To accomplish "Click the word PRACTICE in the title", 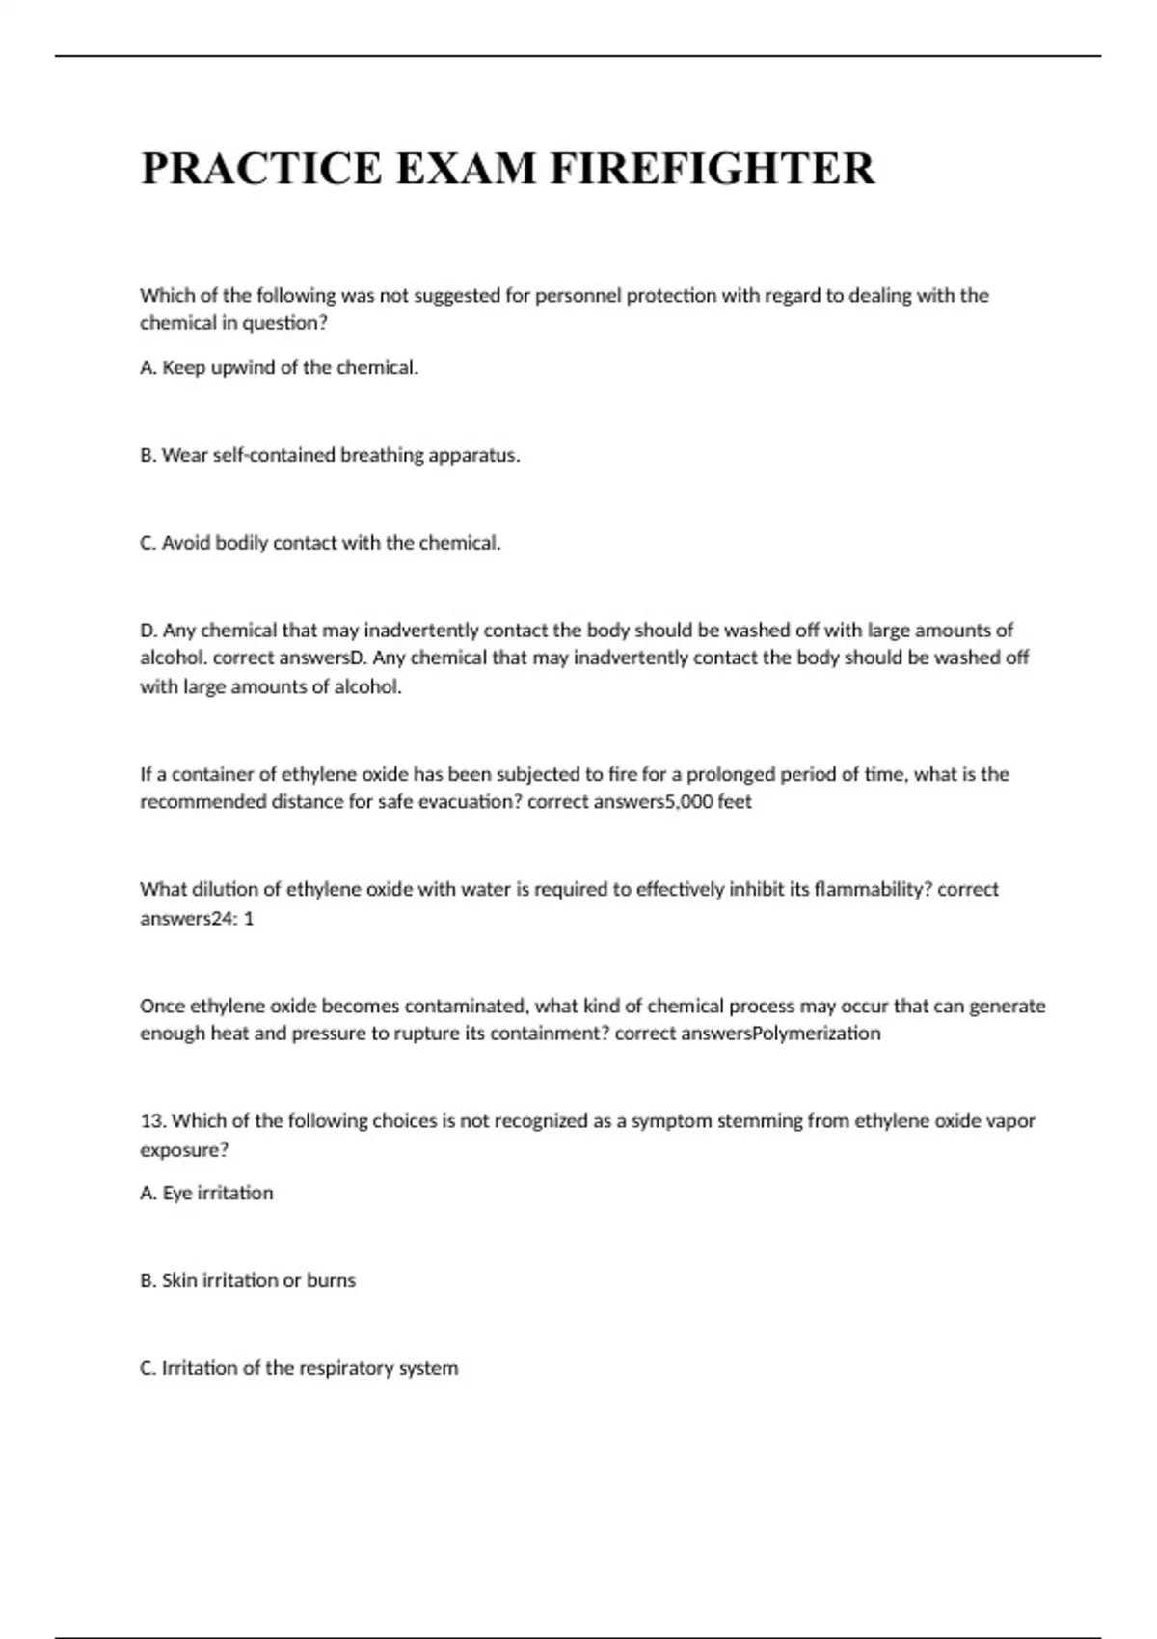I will coord(261,169).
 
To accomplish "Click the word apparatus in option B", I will coord(479,455).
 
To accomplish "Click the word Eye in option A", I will coord(177,1194).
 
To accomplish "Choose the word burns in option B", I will coord(331,1280).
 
